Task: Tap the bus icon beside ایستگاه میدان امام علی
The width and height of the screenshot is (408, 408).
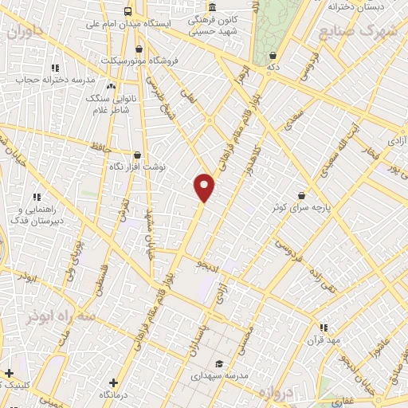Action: pos(127,11)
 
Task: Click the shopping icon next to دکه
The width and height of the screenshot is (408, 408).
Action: pos(274,56)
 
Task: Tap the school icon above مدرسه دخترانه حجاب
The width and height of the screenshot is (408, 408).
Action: pos(54,69)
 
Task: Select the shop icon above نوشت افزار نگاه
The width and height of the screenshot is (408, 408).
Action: pos(138,156)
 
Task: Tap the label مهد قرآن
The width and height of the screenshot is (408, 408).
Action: pos(323,339)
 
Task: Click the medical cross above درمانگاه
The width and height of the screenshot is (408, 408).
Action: pos(113,382)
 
